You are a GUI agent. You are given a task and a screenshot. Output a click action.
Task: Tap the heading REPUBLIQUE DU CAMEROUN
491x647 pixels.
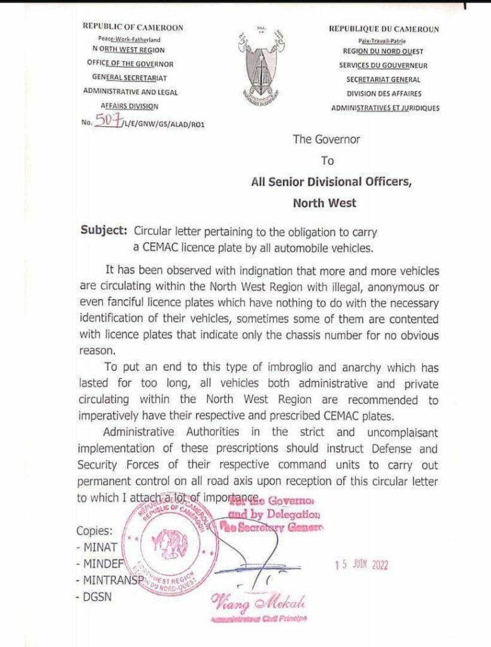384,29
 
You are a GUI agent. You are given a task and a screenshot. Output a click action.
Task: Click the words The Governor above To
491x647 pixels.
325,140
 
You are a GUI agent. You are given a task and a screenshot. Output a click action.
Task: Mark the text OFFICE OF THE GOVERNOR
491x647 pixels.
130,64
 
